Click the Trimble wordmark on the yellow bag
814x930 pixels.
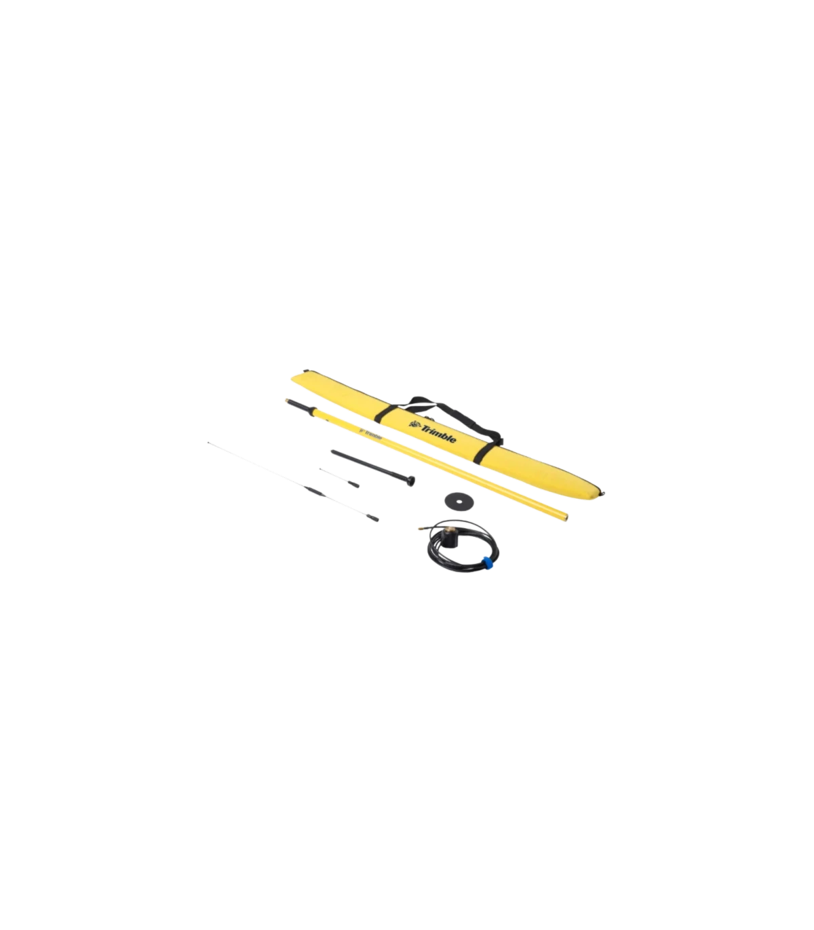[438, 434]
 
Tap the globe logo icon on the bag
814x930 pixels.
[414, 424]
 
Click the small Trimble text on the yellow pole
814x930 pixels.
[374, 435]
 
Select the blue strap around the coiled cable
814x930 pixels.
[486, 564]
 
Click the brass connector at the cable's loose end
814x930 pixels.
[422, 529]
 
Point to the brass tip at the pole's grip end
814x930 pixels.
[288, 401]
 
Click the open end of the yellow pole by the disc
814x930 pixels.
[565, 516]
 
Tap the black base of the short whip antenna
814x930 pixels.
[353, 485]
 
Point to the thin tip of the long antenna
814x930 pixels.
[209, 442]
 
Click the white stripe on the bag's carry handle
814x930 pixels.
[427, 401]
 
